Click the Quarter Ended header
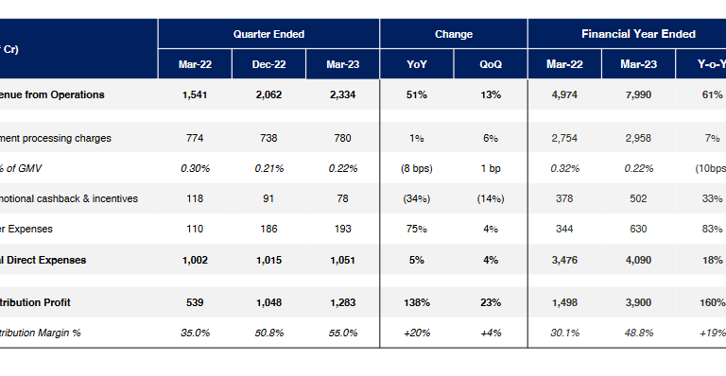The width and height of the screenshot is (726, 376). [268, 34]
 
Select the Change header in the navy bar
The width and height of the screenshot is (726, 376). [454, 34]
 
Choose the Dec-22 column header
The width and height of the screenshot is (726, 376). [268, 64]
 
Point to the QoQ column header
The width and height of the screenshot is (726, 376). [491, 64]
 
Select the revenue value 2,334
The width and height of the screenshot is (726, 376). [342, 94]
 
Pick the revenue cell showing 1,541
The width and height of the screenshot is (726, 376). [195, 94]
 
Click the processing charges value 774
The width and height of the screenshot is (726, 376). [195, 138]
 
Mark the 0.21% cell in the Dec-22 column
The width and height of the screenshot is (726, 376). [268, 168]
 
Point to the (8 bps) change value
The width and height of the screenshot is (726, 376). [417, 168]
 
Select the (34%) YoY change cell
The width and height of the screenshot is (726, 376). [417, 198]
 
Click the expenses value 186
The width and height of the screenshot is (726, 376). [268, 229]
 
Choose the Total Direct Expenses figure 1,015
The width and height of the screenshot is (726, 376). [268, 259]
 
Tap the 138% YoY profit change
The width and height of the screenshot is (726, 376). [417, 302]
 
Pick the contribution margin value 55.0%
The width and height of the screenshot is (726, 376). [342, 333]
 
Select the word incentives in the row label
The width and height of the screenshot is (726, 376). [112, 198]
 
